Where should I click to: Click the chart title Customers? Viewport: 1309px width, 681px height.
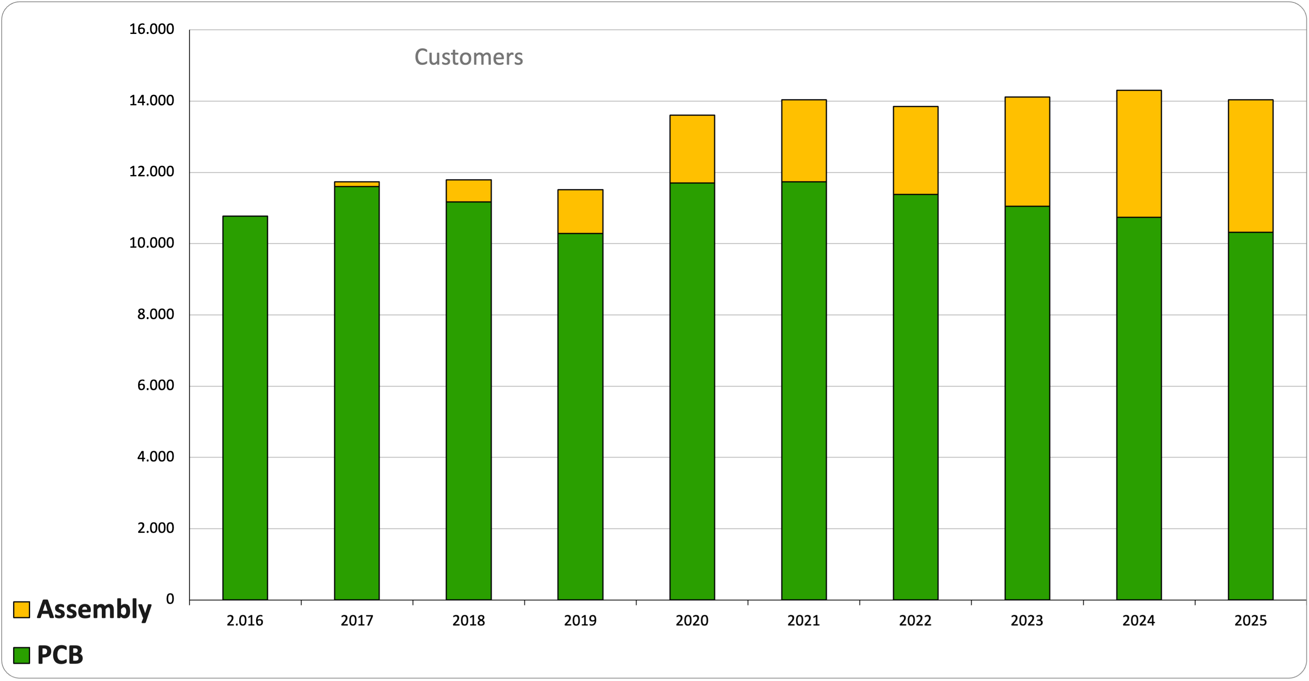(x=469, y=57)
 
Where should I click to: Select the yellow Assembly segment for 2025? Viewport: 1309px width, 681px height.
(x=1251, y=166)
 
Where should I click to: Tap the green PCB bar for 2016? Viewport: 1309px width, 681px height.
(x=245, y=408)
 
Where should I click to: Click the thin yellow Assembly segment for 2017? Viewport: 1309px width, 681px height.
(x=357, y=184)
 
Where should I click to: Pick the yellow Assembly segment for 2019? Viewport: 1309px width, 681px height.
(x=580, y=212)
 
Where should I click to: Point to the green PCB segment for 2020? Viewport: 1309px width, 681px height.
(x=692, y=391)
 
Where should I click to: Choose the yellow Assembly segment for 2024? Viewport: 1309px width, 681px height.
(x=1139, y=154)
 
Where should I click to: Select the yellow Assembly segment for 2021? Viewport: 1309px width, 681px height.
(x=804, y=141)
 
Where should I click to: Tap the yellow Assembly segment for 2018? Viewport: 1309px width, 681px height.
(x=469, y=191)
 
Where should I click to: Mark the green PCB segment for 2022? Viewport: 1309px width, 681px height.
(x=916, y=397)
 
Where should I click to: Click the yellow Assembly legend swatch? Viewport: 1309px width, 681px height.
(x=21, y=609)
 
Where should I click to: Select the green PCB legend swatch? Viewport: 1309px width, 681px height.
(x=21, y=655)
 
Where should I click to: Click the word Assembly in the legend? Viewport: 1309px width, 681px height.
(x=95, y=609)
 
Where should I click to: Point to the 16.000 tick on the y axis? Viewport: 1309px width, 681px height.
(x=151, y=30)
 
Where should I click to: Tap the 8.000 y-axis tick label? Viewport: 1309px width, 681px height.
(x=155, y=314)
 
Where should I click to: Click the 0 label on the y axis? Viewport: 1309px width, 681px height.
(x=170, y=599)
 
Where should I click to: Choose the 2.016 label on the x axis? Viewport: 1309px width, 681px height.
(x=245, y=621)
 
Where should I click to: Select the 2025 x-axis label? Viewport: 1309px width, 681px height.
(x=1251, y=621)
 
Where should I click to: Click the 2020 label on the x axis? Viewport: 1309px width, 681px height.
(x=692, y=621)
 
